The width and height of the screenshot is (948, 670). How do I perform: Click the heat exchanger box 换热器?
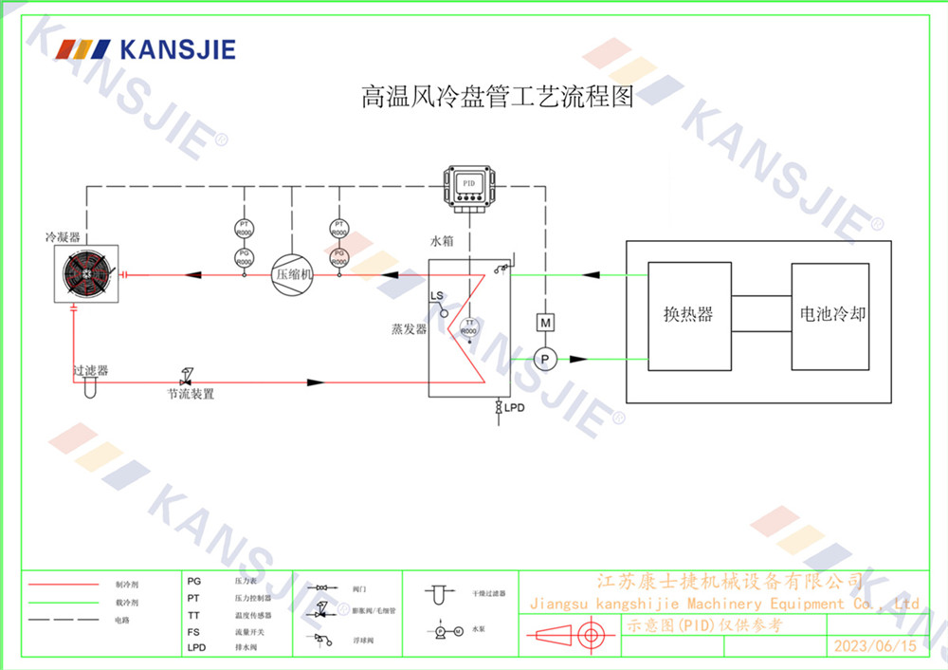pyautogui.click(x=688, y=315)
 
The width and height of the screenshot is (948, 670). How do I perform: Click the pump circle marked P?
pyautogui.click(x=544, y=359)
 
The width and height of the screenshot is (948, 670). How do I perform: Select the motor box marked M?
pyautogui.click(x=545, y=323)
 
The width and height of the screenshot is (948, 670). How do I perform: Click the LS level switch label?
pyautogui.click(x=437, y=296)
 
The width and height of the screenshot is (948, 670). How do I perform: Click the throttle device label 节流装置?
pyautogui.click(x=191, y=394)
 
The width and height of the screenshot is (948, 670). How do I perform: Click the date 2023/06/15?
pyautogui.click(x=874, y=645)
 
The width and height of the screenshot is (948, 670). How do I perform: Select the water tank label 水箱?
pyautogui.click(x=443, y=242)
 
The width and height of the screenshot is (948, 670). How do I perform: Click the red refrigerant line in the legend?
pyautogui.click(x=64, y=586)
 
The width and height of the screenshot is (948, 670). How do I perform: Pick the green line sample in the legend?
pyautogui.click(x=64, y=603)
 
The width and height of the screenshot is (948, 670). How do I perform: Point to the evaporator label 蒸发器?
pyautogui.click(x=410, y=329)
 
